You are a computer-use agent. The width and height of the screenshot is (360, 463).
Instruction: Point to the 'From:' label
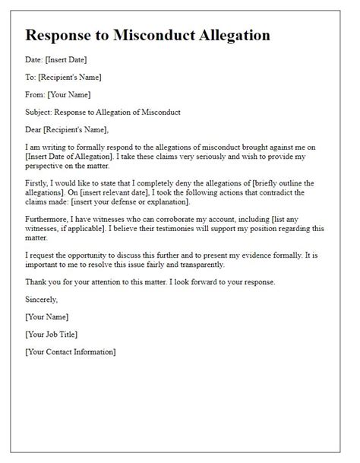click(36, 94)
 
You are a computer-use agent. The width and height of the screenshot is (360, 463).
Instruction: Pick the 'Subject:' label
click(41, 113)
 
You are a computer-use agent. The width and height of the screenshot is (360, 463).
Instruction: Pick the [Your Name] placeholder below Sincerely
click(47, 316)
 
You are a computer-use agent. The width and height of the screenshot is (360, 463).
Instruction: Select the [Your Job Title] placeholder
click(52, 334)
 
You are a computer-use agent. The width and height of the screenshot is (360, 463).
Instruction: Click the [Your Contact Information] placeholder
click(71, 352)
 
